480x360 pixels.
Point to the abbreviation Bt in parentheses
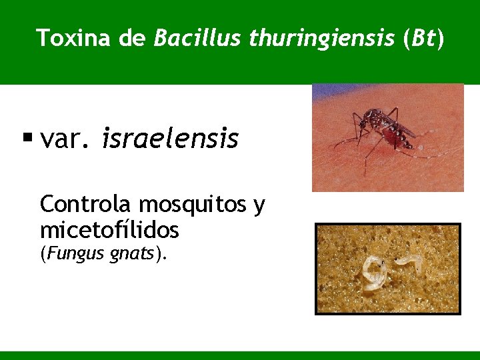(424, 38)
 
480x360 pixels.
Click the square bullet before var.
(27, 139)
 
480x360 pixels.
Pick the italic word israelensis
(170, 139)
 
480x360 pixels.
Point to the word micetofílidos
(109, 230)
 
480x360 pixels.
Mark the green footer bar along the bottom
(240, 355)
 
